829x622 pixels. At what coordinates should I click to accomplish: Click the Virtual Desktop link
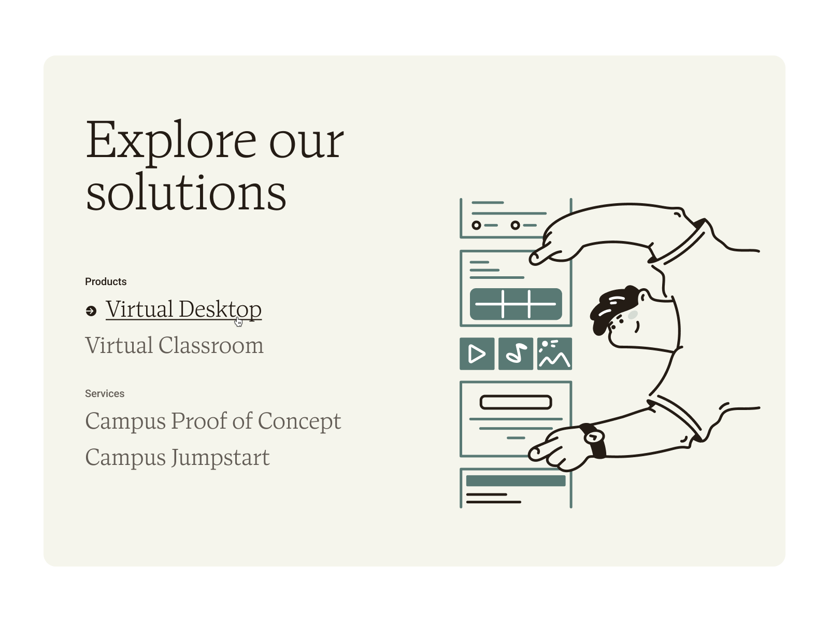(x=183, y=309)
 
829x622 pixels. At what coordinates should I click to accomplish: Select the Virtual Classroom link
(x=174, y=346)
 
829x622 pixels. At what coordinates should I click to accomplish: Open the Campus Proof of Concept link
(x=213, y=421)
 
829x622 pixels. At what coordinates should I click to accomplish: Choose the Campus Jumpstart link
(x=177, y=457)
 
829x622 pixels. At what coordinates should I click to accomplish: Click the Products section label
(x=106, y=281)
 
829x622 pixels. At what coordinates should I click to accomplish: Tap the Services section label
(x=105, y=393)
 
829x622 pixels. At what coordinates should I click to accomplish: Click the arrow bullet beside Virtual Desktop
(x=91, y=310)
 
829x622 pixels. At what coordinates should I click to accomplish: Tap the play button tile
(x=477, y=354)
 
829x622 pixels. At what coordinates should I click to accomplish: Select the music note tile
(x=516, y=354)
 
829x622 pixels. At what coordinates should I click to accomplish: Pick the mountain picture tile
(x=554, y=354)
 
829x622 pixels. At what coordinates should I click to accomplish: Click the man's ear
(x=642, y=297)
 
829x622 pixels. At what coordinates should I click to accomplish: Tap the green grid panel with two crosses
(x=516, y=304)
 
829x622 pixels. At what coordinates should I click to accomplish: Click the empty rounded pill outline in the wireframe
(x=516, y=402)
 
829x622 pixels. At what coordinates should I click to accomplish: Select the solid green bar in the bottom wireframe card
(x=516, y=481)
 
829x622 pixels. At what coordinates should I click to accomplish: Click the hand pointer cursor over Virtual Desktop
(x=238, y=322)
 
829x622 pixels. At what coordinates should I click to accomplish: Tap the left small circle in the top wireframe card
(x=476, y=225)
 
